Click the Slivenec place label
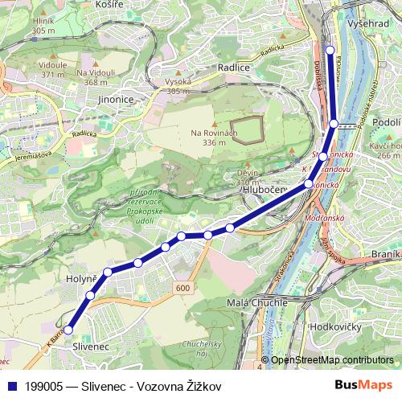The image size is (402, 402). click(90, 345)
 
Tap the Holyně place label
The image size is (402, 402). click(81, 280)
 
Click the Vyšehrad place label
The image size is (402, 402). click(371, 25)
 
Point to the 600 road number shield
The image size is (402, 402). click(183, 288)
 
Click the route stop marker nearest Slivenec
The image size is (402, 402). click(68, 330)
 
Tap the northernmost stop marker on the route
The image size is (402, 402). click(330, 49)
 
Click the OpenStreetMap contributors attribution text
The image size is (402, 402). click(331, 359)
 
